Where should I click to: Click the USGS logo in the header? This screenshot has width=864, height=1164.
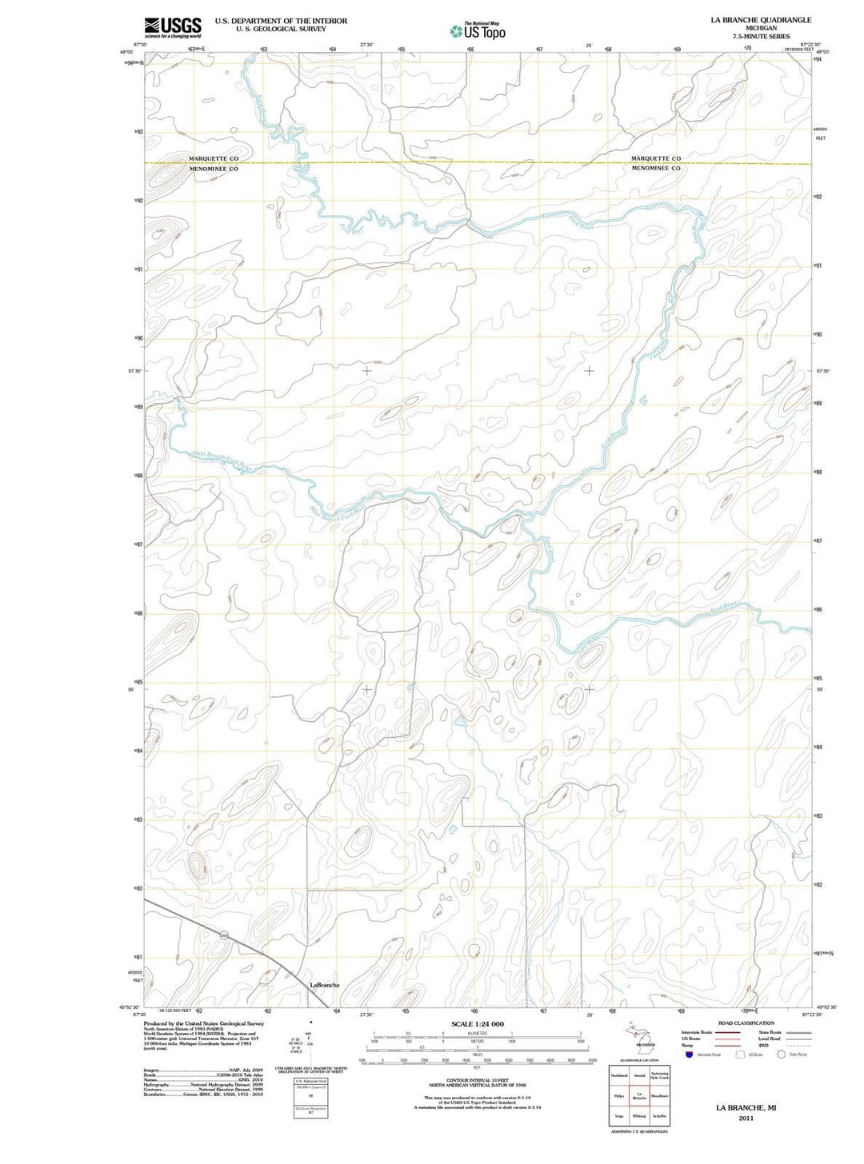click(x=173, y=27)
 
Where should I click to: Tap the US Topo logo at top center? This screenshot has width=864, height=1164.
click(x=478, y=31)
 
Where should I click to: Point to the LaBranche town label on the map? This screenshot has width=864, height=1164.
click(x=324, y=985)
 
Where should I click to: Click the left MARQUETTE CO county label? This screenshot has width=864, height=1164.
click(x=214, y=158)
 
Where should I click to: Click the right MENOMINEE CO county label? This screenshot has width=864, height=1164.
click(x=656, y=169)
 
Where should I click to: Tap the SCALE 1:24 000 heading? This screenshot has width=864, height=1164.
click(x=478, y=1024)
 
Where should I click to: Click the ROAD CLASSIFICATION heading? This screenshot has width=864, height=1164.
click(x=746, y=1023)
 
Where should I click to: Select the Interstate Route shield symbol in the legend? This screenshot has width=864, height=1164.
click(x=689, y=1054)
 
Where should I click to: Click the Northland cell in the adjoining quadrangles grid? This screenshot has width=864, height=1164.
click(x=619, y=1075)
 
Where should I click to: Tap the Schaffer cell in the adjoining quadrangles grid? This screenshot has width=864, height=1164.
click(x=659, y=1115)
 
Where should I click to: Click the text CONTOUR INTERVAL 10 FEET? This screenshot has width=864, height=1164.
click(x=478, y=1079)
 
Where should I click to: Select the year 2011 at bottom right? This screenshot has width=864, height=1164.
click(x=746, y=1118)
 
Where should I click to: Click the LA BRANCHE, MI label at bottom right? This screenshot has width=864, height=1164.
click(x=746, y=1108)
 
